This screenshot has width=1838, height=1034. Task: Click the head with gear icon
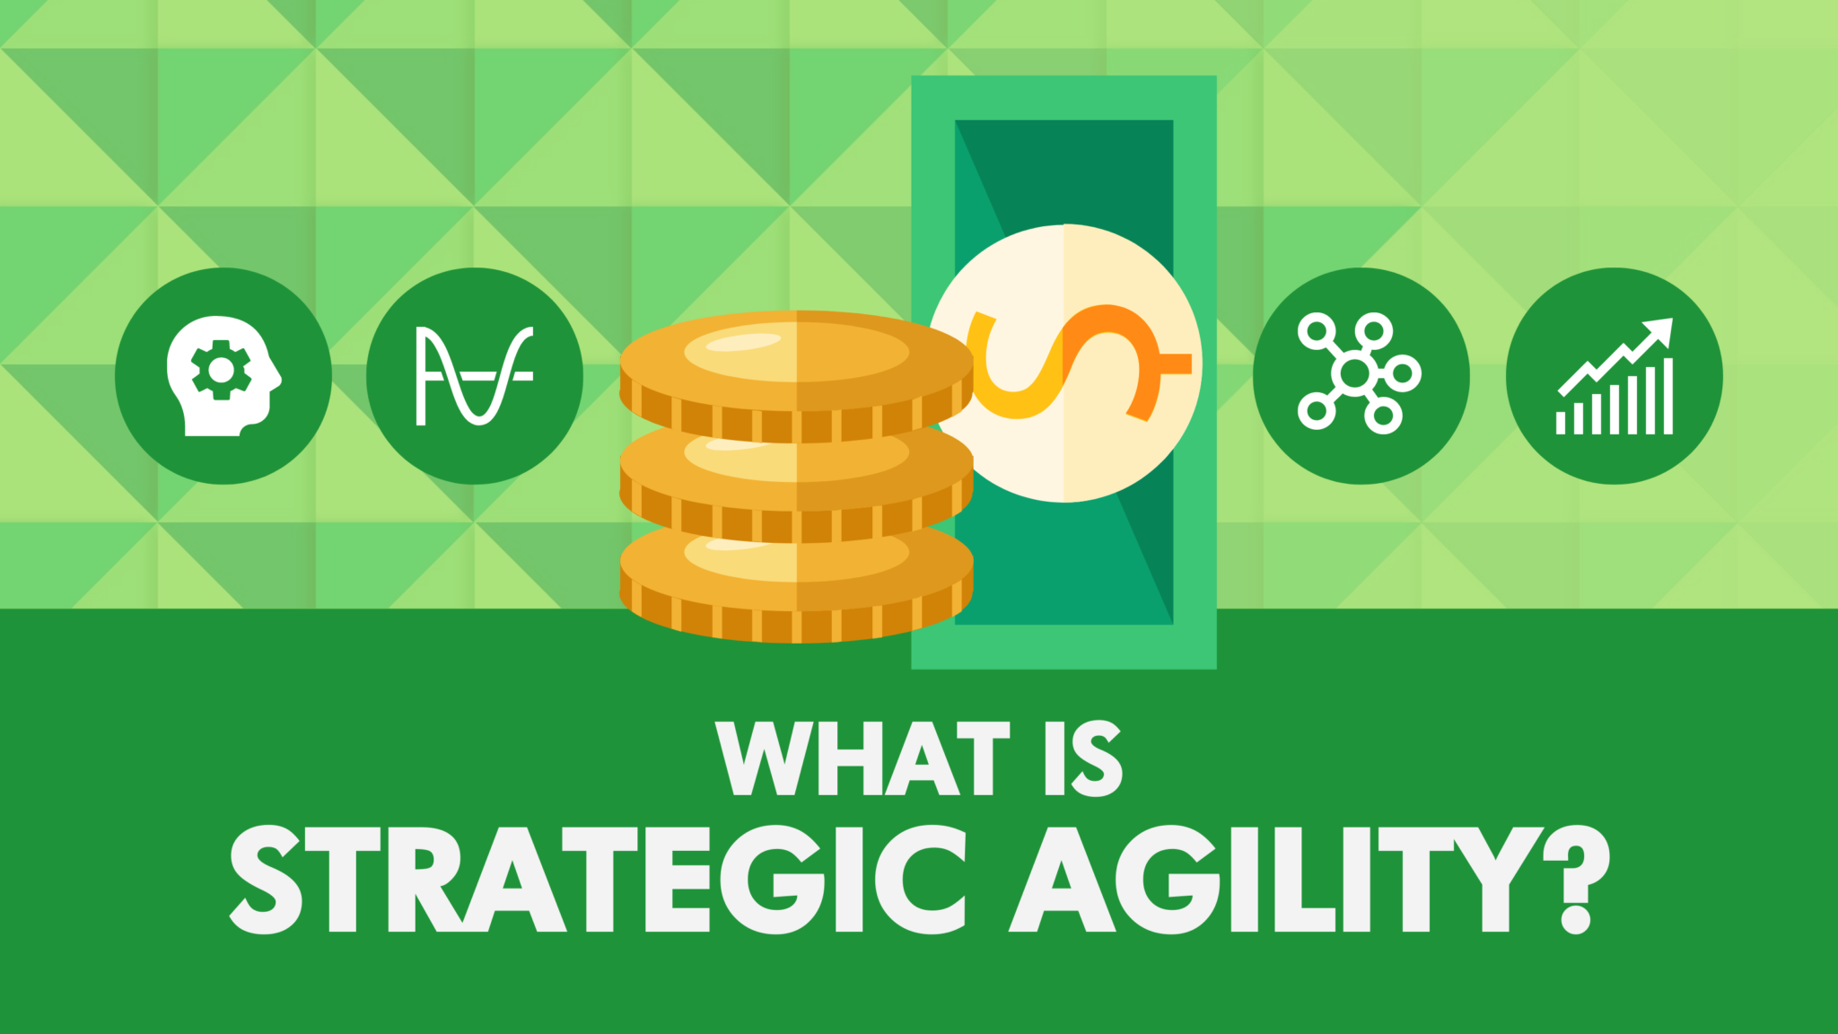pos(223,375)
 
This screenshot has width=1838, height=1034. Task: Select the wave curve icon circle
pos(475,375)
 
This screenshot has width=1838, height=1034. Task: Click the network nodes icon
pos(1361,375)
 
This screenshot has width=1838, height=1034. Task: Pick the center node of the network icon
pos(1355,372)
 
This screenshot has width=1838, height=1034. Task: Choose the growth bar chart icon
pos(1615,375)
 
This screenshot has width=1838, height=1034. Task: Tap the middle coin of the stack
pos(796,485)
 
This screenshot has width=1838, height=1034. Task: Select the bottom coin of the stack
pos(796,588)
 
